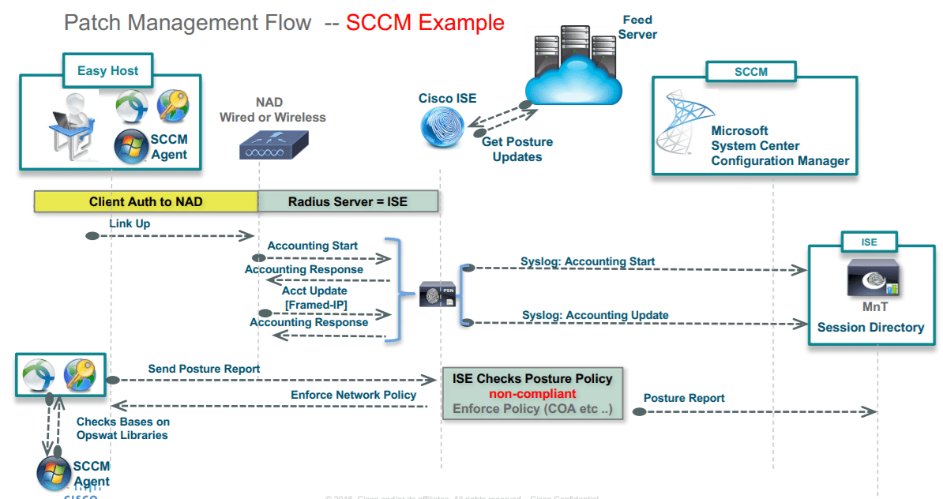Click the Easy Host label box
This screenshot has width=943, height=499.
point(107,71)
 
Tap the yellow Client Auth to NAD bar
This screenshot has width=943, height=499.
point(145,201)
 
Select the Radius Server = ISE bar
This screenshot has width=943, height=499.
point(348,201)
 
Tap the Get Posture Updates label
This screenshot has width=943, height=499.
point(517,149)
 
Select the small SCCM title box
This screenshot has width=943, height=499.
point(750,72)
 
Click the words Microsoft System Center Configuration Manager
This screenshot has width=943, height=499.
point(780,146)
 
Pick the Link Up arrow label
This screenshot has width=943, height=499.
point(130,223)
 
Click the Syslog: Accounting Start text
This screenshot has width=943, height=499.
point(588,261)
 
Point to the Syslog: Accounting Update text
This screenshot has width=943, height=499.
point(595,315)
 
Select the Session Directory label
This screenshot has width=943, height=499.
point(870,327)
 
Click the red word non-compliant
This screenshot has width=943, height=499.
point(532,394)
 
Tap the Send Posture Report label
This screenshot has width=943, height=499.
point(204,369)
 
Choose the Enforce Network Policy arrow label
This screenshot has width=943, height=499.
point(353,395)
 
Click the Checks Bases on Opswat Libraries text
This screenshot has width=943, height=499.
point(122,429)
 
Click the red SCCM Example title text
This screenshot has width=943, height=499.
point(425,22)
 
